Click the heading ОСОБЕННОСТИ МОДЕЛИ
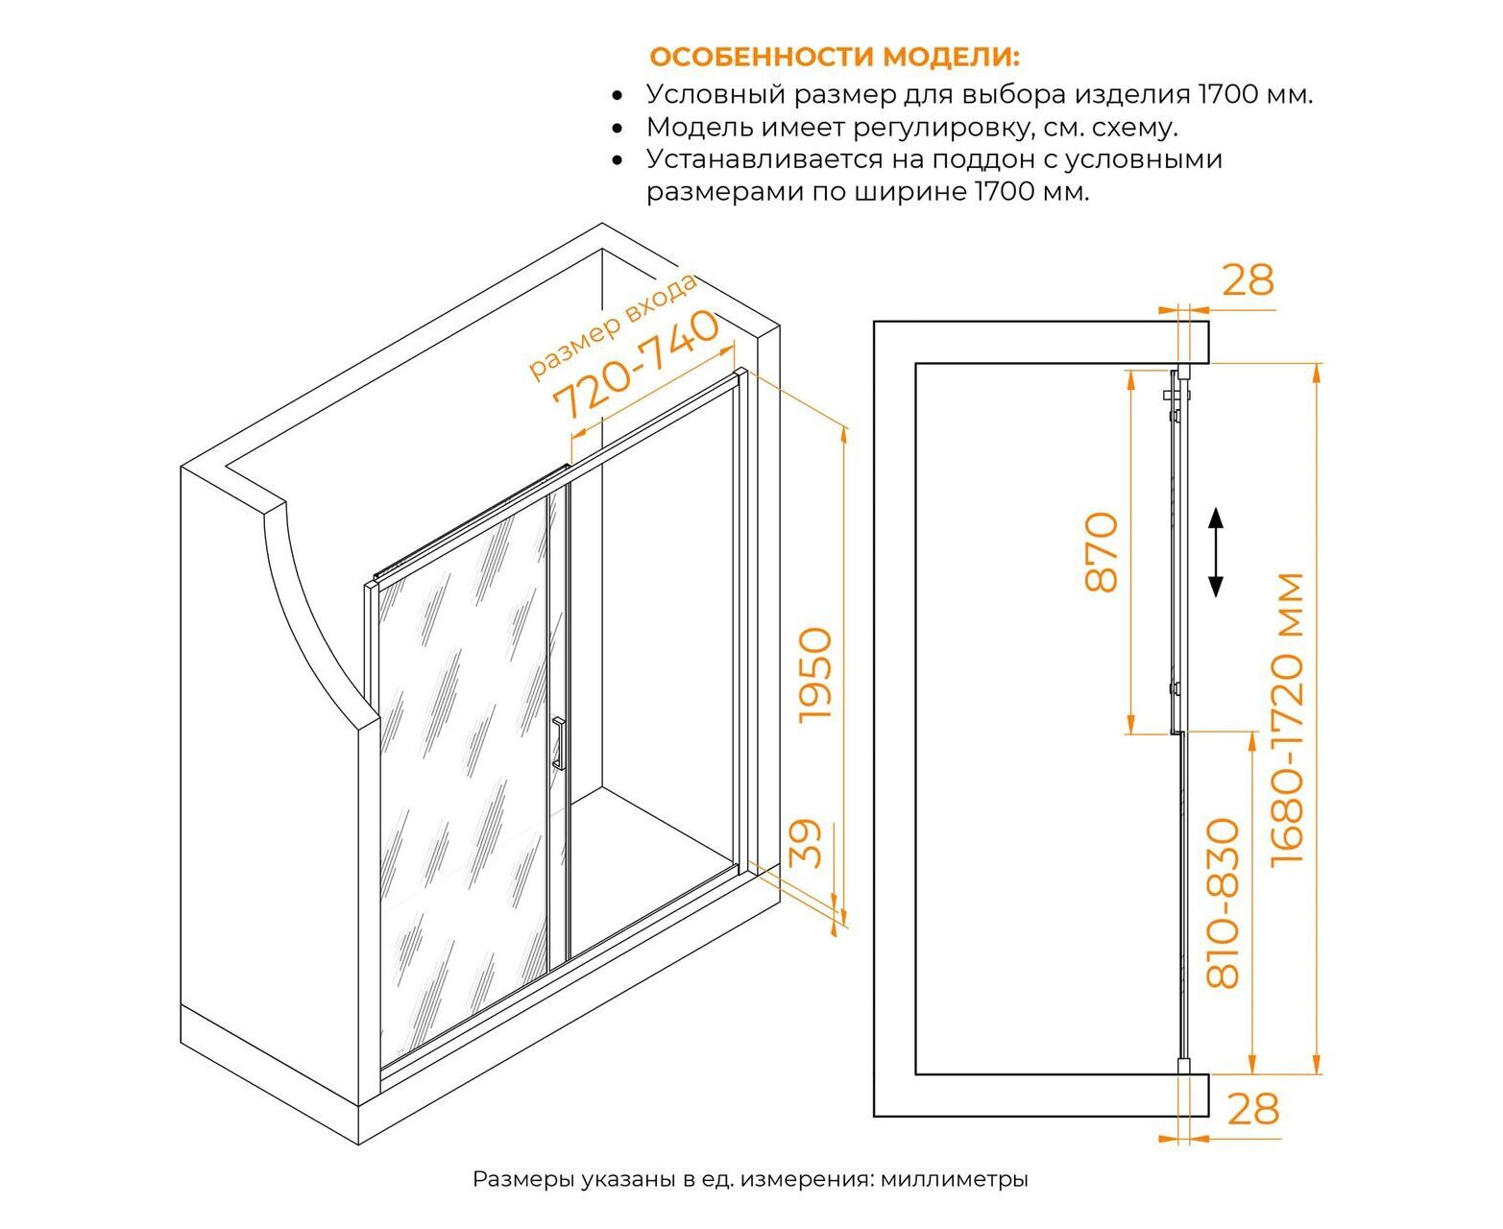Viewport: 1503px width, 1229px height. click(835, 58)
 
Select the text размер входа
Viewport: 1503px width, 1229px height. click(612, 325)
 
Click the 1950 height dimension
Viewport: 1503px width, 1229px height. click(814, 675)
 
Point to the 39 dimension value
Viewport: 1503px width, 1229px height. click(807, 844)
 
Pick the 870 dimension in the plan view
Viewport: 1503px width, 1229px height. click(1101, 551)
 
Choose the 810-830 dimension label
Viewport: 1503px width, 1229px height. click(1223, 903)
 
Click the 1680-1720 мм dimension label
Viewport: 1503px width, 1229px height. click(1287, 719)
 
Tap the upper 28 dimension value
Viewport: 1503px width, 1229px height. click(1248, 280)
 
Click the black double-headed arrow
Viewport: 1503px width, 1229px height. click(1216, 552)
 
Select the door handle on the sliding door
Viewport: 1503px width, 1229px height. click(558, 744)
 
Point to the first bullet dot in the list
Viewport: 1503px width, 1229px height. click(618, 95)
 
